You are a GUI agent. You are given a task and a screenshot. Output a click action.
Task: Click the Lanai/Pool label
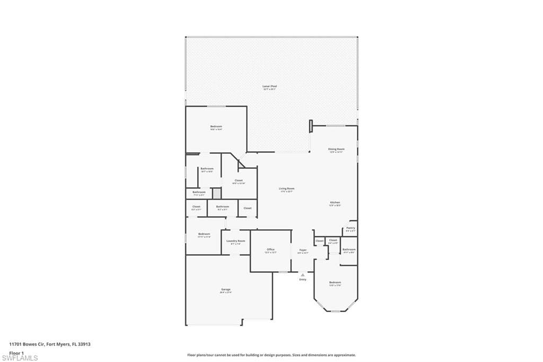click(x=270, y=86)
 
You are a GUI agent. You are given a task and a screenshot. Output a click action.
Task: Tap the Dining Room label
click(x=336, y=149)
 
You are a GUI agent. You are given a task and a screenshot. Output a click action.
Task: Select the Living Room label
click(x=287, y=188)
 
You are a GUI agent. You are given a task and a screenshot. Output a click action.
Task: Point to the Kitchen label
click(x=335, y=203)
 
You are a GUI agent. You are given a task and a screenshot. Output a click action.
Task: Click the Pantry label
click(x=351, y=228)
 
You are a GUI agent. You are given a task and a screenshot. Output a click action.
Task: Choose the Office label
click(x=270, y=249)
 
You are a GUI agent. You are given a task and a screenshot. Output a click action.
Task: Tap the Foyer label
click(x=303, y=249)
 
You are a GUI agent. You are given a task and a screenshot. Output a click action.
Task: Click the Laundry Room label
click(x=235, y=241)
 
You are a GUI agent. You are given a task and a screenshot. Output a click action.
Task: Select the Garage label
click(x=226, y=289)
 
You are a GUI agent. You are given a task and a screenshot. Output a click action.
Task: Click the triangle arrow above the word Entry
click(x=303, y=274)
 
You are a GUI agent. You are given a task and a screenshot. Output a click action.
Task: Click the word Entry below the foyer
click(x=303, y=279)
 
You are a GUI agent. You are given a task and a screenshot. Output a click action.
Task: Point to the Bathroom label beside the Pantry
click(x=349, y=249)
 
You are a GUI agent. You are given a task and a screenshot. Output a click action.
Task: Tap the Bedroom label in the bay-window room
click(x=335, y=282)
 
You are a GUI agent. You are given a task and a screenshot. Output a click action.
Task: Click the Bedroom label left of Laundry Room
click(x=204, y=234)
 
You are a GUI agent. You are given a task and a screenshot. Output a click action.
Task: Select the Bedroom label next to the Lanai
click(x=216, y=126)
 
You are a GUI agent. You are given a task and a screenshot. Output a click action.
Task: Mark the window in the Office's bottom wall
click(x=283, y=272)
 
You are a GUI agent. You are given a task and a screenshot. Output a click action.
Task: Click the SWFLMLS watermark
click(x=20, y=358)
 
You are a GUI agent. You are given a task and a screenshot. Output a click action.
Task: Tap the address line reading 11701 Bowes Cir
click(x=50, y=344)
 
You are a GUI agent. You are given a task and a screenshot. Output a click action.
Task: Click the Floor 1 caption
click(x=16, y=352)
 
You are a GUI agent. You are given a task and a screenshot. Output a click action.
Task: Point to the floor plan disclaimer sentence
click(x=271, y=355)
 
